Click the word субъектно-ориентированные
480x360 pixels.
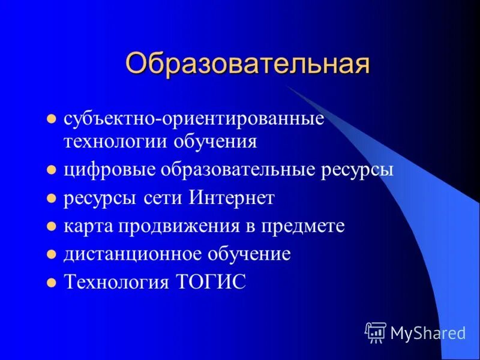(x=194, y=118)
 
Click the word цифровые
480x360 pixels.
(x=109, y=170)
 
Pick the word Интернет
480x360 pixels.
(x=232, y=198)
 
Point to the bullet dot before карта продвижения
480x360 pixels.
(x=52, y=227)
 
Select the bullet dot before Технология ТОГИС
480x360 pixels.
(x=52, y=283)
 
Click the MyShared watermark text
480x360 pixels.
(x=428, y=332)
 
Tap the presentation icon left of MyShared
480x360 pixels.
(x=376, y=331)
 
